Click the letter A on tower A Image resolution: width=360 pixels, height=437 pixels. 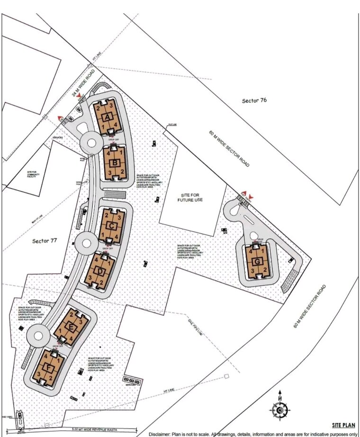pyautogui.click(x=108, y=117)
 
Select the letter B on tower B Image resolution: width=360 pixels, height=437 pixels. pyautogui.click(x=115, y=163)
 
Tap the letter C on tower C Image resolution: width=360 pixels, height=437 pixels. pyautogui.click(x=111, y=226)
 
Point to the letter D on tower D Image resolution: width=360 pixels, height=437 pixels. pyautogui.click(x=100, y=271)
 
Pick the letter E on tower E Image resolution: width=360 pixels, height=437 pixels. pyautogui.click(x=71, y=327)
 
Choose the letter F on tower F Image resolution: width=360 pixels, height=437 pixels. pyautogui.click(x=49, y=367)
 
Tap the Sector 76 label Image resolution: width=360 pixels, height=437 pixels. pyautogui.click(x=254, y=100)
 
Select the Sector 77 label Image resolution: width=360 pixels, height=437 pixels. pyautogui.click(x=45, y=241)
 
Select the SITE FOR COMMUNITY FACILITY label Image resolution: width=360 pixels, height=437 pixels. pyautogui.click(x=32, y=175)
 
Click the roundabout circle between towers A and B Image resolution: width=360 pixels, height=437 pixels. pyautogui.click(x=90, y=141)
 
